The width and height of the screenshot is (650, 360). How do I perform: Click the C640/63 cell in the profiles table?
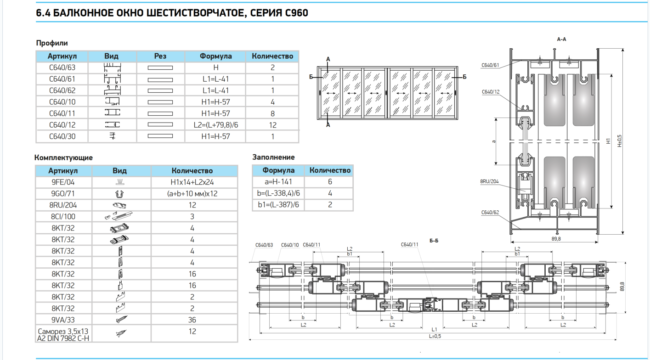(62, 67)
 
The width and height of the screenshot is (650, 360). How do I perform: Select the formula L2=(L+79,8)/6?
(215, 125)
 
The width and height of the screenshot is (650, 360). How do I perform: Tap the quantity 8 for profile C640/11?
(272, 113)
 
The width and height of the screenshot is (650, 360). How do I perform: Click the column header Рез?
(160, 56)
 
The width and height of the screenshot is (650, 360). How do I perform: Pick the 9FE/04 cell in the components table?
(63, 182)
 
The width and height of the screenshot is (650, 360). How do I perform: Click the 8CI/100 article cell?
(63, 217)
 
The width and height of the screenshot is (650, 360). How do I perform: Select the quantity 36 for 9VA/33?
(192, 320)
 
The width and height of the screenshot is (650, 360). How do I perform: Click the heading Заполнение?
(273, 157)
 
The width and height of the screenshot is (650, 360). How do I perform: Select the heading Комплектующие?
(63, 157)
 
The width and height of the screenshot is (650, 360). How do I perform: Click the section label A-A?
(561, 39)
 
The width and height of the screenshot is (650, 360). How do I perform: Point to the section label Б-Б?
(434, 241)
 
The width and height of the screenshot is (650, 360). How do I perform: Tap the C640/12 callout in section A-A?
(490, 92)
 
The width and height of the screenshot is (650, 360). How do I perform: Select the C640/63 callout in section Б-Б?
(264, 245)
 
